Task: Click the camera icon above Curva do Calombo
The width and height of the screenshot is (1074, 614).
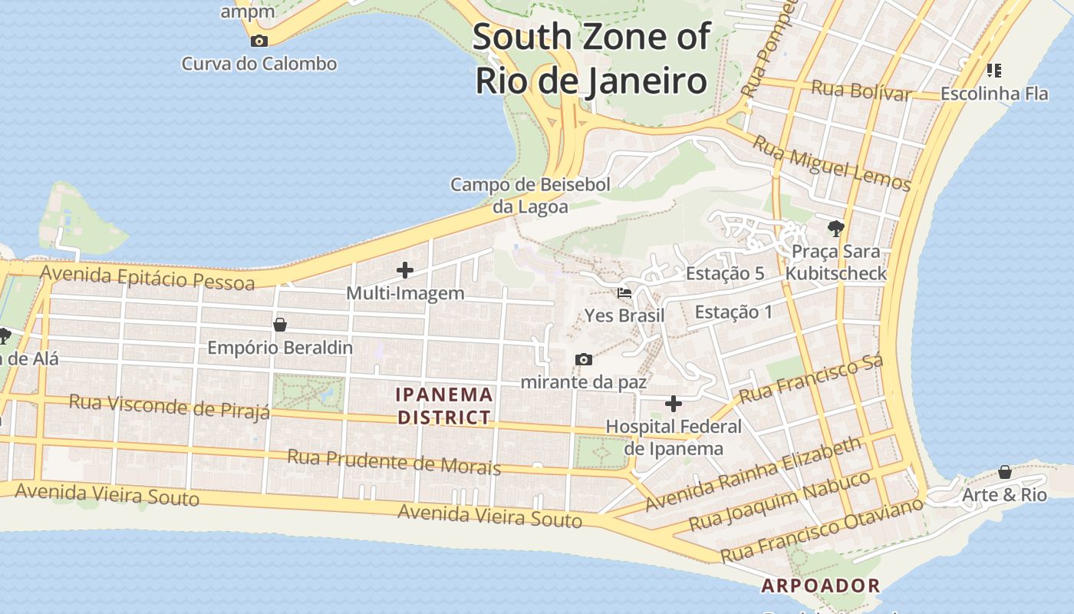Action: coord(259,41)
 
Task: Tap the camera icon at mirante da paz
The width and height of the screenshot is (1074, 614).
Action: coord(584,359)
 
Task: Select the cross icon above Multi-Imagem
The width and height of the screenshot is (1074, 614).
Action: coord(404,270)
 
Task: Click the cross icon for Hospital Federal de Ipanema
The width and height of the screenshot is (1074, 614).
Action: coord(673,404)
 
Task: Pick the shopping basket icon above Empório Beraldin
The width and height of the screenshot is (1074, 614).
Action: coord(280,325)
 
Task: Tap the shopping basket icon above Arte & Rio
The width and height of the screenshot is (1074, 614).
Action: coord(1004,472)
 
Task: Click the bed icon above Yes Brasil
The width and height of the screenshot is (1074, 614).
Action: coord(624,293)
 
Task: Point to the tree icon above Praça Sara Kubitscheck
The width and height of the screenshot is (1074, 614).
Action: coord(835,228)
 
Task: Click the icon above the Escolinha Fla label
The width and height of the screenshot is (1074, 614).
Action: coord(993,71)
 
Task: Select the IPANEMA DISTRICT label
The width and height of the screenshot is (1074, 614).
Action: coord(444,406)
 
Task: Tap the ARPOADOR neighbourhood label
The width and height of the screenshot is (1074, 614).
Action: coord(820,586)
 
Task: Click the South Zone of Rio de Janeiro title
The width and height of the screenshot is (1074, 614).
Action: coord(591,58)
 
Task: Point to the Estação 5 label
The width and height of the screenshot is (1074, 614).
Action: coord(725,273)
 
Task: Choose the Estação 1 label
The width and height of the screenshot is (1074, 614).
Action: coord(733,312)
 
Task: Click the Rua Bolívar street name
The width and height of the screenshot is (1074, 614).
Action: coord(861,90)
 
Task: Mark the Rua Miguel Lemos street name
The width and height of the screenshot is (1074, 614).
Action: coord(831,163)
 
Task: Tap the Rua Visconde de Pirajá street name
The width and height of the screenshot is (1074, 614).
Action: coord(170,406)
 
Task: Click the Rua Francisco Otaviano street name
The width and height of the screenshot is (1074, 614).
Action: coord(822,530)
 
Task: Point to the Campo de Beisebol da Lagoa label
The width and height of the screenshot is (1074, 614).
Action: coord(530,195)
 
